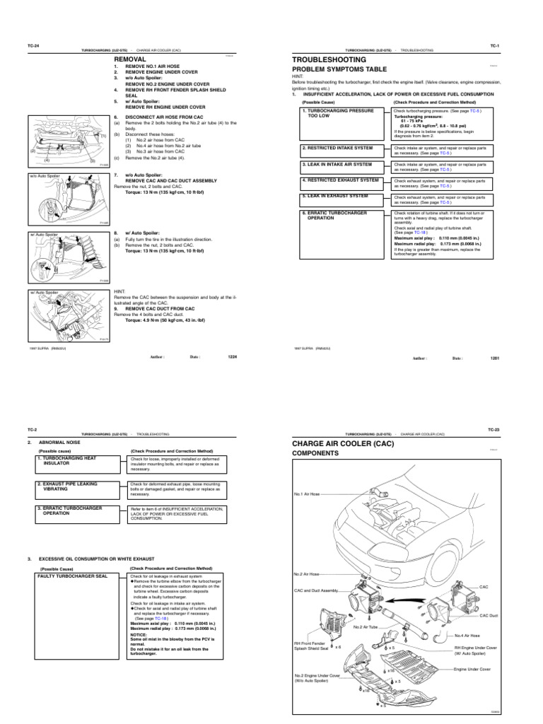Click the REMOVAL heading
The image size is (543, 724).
pyautogui.click(x=130, y=61)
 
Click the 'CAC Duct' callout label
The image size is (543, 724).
pyautogui.click(x=489, y=615)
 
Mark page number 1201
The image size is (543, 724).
pyautogui.click(x=495, y=358)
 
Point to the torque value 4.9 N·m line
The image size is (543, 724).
pyautogui.click(x=161, y=320)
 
